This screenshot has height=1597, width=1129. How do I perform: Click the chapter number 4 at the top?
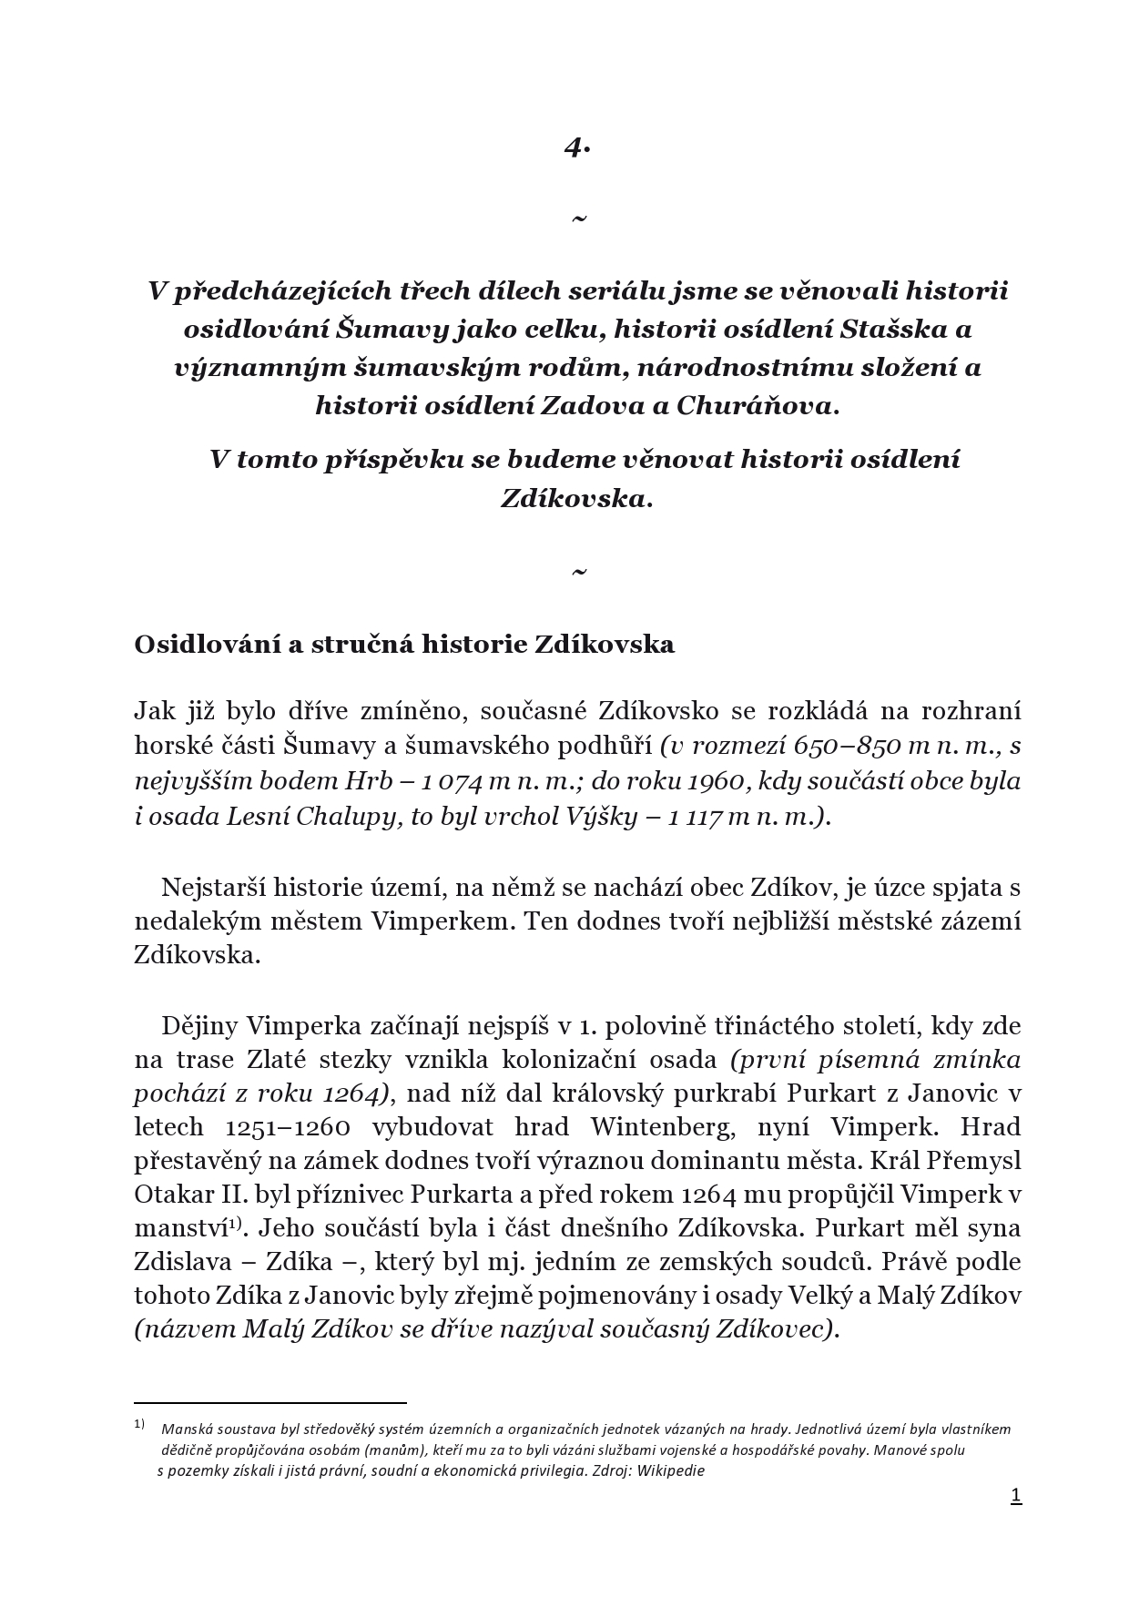[575, 147]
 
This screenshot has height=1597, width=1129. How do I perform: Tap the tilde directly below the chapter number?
[578, 219]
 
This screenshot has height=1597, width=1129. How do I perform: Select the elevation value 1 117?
[695, 816]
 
